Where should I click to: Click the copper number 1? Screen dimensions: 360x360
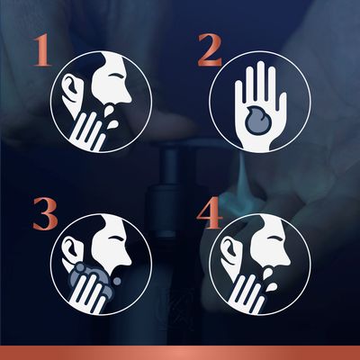pos(42,50)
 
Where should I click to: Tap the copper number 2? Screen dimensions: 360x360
pos(210,50)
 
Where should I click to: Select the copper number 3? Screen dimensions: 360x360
pos(45,213)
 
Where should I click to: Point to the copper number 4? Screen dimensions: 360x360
pos(210,212)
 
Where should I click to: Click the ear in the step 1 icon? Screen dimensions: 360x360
pos(71,91)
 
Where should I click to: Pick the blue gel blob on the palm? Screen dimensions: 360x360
pos(258,120)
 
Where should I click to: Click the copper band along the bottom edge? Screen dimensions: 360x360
pos(180,353)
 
